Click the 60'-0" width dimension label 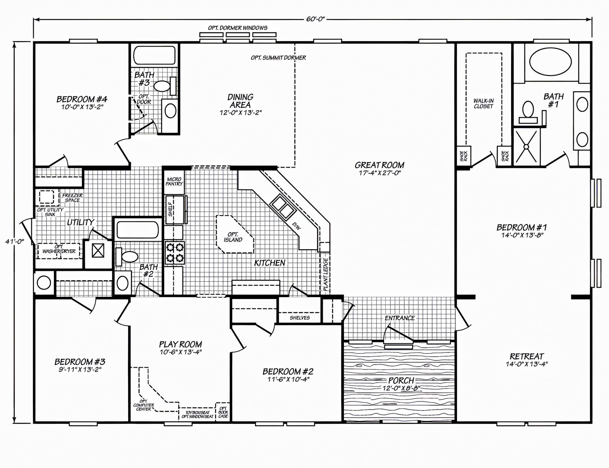point(316,19)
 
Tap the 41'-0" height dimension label point(14,242)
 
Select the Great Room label point(379,165)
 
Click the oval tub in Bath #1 point(550,63)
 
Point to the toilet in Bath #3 point(161,87)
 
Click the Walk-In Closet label point(483,104)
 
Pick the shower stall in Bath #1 point(526,147)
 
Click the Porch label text point(401,380)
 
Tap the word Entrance point(399,318)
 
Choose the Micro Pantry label point(174,181)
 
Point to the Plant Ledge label point(326,274)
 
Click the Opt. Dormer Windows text point(237,28)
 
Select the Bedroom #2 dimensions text point(288,379)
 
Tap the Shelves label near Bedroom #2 point(299,318)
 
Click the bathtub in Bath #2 point(137,230)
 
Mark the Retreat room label point(527,356)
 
